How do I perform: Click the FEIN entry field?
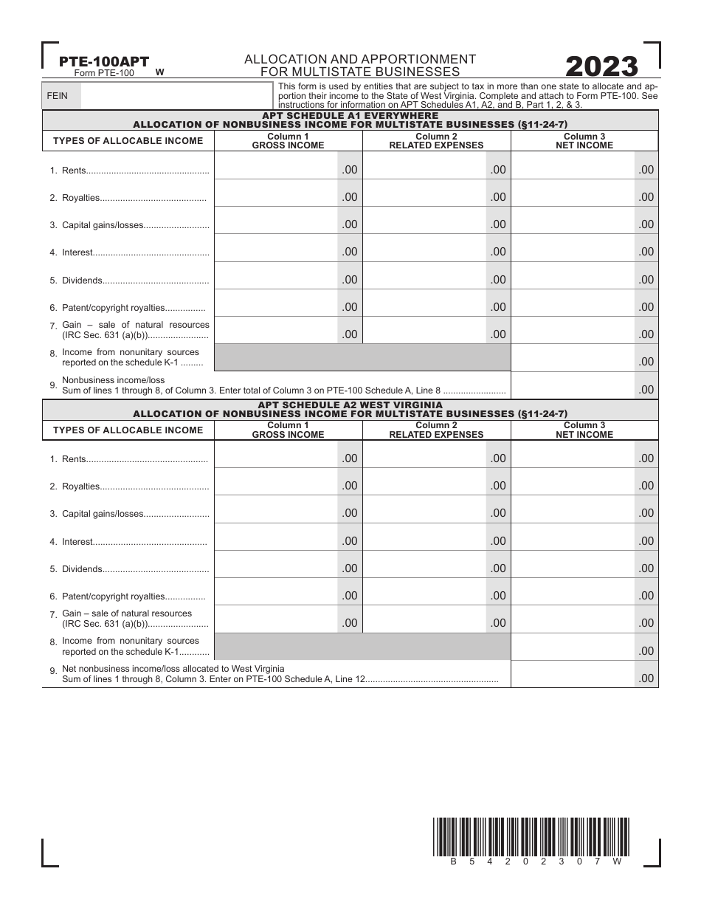pos(175,95)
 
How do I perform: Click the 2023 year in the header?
pos(601,67)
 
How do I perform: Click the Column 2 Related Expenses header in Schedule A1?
pos(436,141)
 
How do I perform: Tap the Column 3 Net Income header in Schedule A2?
pos(584,430)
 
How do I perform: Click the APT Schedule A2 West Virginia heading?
pos(350,405)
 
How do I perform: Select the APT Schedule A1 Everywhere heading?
pos(350,116)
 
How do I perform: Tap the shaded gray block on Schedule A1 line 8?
pos(362,357)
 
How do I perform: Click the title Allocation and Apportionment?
pos(359,58)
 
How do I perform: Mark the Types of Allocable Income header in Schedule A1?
pos(128,141)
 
